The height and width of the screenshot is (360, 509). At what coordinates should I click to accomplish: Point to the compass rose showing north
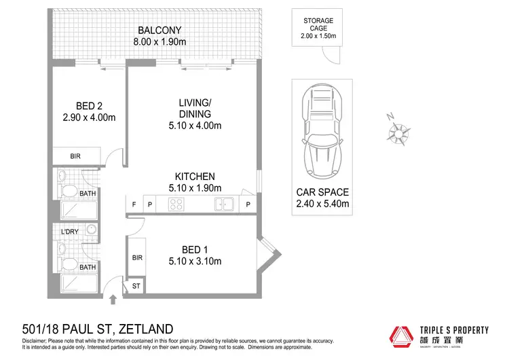point(400,129)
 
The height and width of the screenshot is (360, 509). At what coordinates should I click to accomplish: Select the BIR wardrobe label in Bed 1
point(136,258)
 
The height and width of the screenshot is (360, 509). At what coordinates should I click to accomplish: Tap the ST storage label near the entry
point(136,286)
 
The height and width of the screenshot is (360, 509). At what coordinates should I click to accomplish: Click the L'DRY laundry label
point(71,232)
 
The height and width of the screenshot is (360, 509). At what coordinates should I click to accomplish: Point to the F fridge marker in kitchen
point(134,204)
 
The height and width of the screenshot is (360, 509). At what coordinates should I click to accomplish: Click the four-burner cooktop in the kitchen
point(177,204)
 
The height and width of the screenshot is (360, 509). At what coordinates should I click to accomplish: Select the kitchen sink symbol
point(224,204)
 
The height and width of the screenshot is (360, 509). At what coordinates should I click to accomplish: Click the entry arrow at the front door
point(112,300)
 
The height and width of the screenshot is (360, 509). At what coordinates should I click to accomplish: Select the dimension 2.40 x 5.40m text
point(322,203)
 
